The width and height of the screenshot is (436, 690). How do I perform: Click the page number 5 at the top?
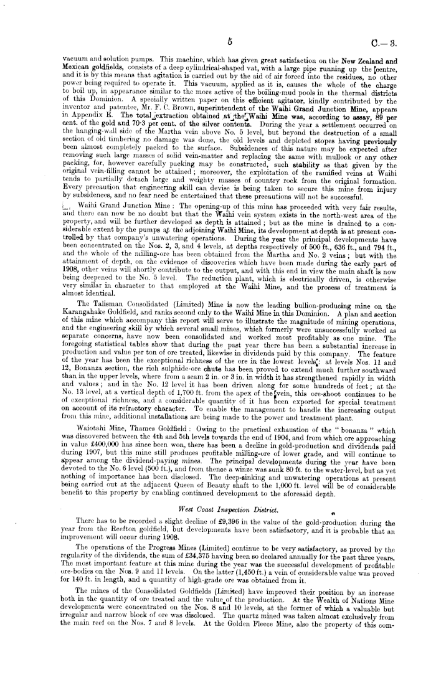[x=230, y=41]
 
